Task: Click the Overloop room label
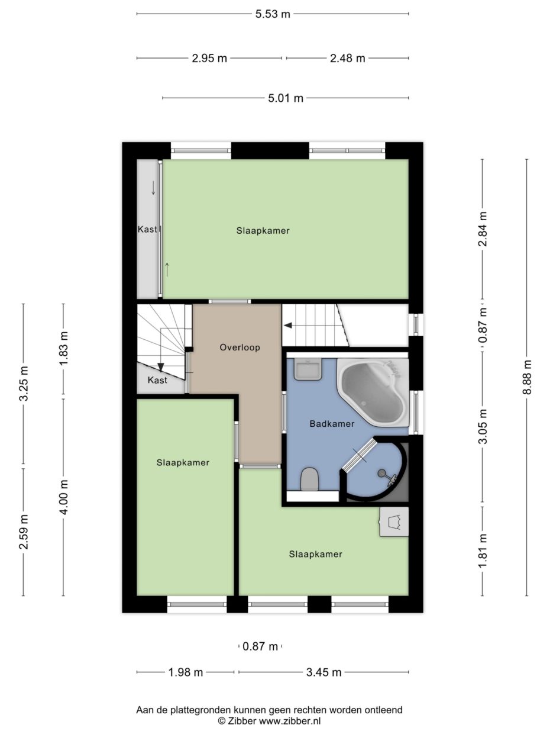[240, 347]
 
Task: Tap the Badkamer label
[332, 424]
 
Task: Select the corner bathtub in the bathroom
[373, 392]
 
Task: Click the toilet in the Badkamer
[309, 479]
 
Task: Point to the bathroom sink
[308, 369]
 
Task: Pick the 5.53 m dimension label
[273, 14]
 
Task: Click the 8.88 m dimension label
[526, 377]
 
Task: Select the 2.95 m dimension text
[209, 59]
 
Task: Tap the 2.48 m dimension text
[347, 59]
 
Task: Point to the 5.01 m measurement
[286, 98]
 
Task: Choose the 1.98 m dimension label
[186, 672]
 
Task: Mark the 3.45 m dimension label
[324, 672]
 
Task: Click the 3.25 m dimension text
[24, 383]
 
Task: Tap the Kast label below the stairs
[157, 380]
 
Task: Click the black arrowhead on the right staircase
[287, 325]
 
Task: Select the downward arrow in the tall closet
[153, 188]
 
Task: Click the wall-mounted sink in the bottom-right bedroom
[394, 522]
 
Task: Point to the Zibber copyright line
[269, 720]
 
